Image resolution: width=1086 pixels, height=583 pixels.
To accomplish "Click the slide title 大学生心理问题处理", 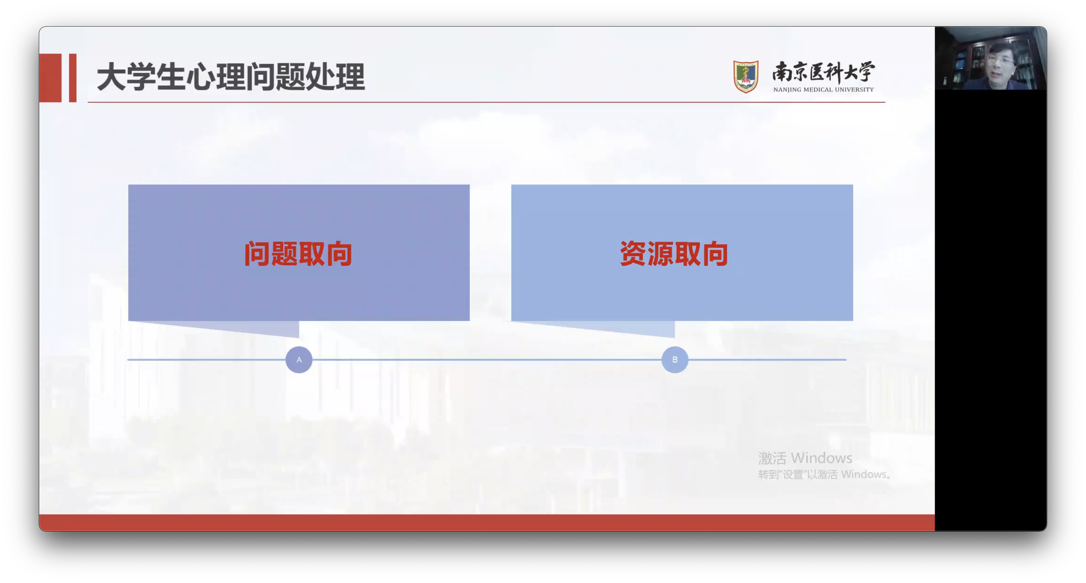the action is tap(231, 77).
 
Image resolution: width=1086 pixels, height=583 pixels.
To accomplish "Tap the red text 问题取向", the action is tap(298, 254).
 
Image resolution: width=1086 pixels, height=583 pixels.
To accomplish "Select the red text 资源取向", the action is tap(674, 254).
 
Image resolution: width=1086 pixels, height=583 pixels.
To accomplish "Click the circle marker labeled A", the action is tap(299, 360).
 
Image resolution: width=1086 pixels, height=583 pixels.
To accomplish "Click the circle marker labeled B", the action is tap(675, 360).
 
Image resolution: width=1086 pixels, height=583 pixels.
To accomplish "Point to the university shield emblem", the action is tap(745, 76).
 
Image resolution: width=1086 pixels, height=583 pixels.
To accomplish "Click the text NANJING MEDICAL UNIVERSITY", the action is tap(823, 89).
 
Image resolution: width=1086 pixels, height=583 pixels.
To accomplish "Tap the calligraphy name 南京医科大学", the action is tap(823, 72).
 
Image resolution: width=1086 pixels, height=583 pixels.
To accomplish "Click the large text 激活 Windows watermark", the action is tap(805, 458).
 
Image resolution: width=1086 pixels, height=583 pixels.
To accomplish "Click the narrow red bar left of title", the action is tap(72, 78).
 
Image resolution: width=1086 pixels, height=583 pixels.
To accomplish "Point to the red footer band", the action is tap(487, 522).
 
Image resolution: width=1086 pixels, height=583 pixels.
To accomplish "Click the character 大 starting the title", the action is tap(111, 77).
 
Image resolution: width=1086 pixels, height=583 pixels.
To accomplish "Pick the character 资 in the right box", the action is tap(633, 254).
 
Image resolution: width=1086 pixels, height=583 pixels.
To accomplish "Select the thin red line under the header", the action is tap(486, 102).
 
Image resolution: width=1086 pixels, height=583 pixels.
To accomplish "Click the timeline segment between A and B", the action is tap(487, 360).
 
